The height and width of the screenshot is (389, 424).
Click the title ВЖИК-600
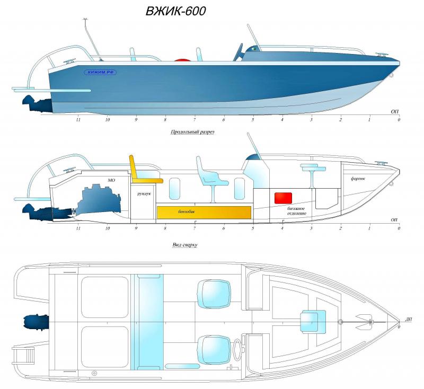tap(175, 11)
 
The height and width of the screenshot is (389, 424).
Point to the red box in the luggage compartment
tap(283, 198)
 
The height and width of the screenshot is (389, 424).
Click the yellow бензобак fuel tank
tap(204, 212)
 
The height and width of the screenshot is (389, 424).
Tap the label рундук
tap(143, 194)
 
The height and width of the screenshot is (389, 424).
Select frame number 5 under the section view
tap(253, 228)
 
